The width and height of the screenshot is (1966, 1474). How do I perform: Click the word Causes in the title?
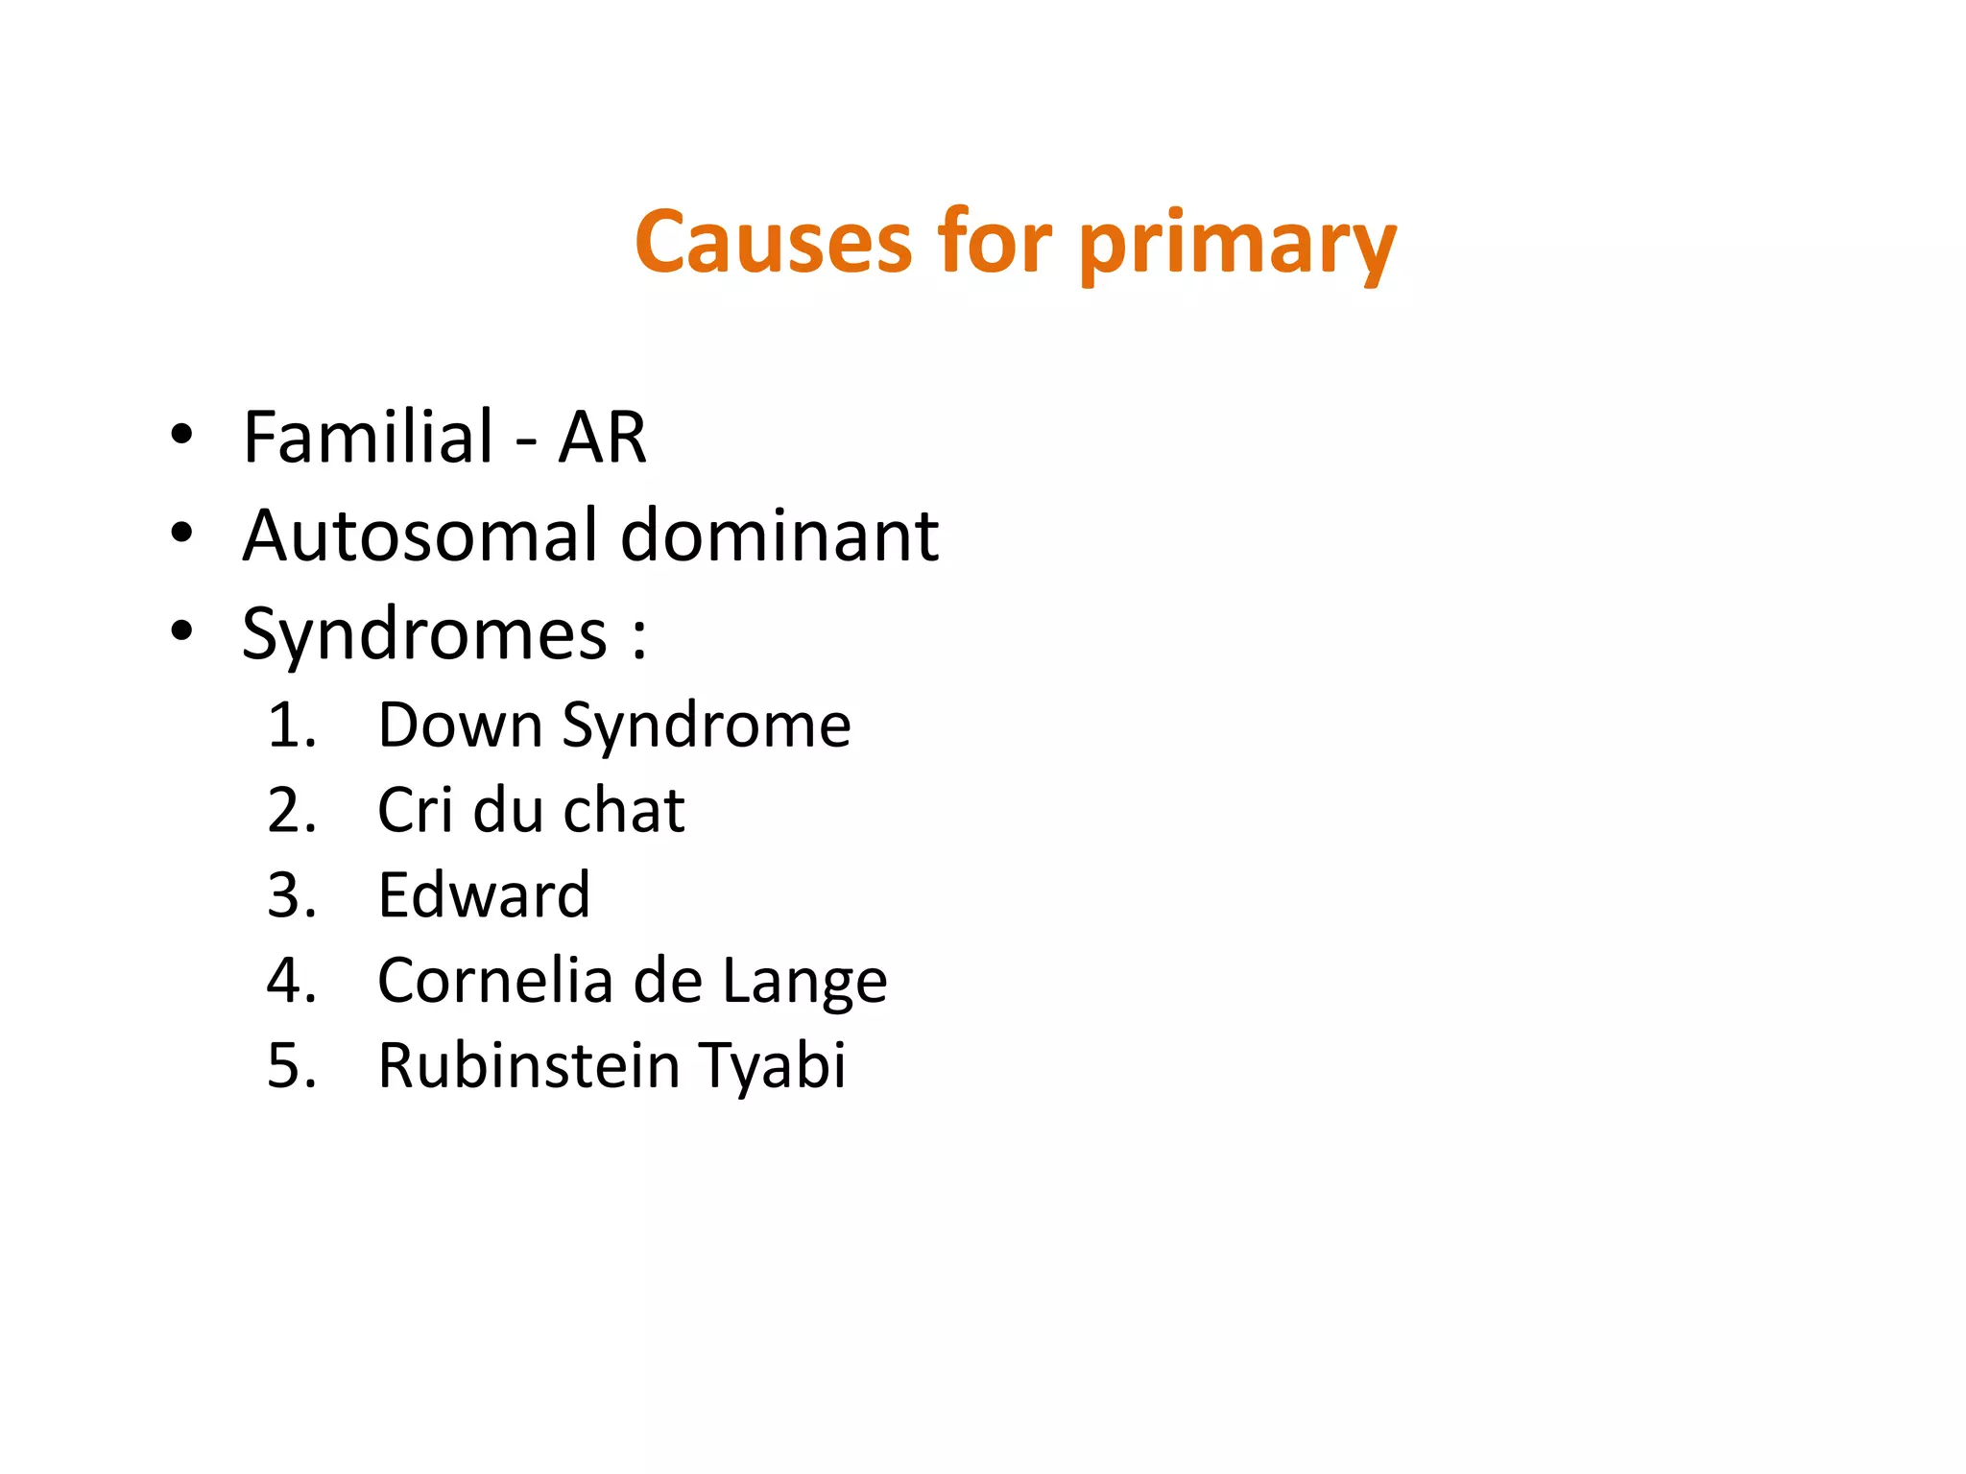tap(772, 242)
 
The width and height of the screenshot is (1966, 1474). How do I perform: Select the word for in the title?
tap(995, 242)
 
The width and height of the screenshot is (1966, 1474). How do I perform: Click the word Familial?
tap(369, 438)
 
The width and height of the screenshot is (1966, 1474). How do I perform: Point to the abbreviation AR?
tap(602, 438)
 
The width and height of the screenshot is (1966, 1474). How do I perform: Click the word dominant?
tap(779, 535)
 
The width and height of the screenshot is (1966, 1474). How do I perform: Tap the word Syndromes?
tap(424, 635)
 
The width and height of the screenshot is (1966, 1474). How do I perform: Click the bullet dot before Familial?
tap(181, 436)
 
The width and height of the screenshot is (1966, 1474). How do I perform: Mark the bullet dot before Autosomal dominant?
tap(181, 533)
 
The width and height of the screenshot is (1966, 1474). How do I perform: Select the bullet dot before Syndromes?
tap(181, 631)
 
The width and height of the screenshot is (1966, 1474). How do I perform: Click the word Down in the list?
tap(461, 725)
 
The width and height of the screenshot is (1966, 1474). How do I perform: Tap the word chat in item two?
tap(624, 811)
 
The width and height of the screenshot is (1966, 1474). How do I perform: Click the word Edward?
tap(484, 895)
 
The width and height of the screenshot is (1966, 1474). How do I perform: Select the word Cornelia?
tap(495, 981)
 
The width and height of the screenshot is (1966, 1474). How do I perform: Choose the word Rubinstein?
tap(529, 1065)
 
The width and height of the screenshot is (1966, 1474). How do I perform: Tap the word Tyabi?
tap(773, 1067)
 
